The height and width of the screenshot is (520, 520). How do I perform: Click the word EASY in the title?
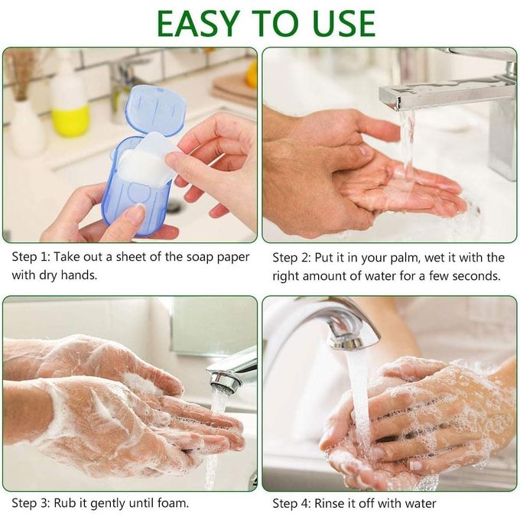(198, 24)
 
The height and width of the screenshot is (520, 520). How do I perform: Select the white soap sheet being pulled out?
(149, 158)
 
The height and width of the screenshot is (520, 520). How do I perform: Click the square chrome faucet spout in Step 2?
(441, 93)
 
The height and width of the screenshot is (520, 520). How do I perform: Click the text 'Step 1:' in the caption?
(31, 257)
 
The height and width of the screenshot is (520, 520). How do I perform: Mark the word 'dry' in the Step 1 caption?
(48, 275)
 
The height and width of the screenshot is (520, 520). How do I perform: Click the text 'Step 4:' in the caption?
(291, 503)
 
